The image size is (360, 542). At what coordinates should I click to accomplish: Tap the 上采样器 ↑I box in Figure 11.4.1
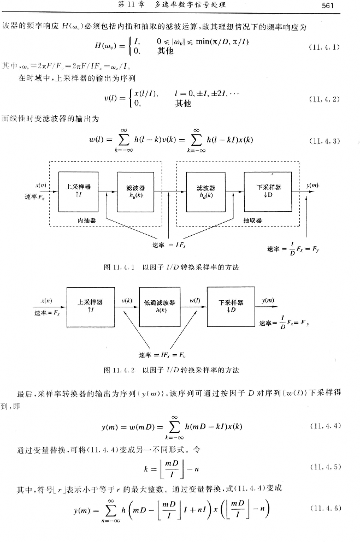(79, 190)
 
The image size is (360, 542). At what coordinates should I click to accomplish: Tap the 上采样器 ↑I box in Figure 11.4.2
(91, 306)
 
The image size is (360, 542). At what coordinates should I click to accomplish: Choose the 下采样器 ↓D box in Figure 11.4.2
(231, 306)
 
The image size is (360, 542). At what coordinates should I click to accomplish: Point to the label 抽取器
(252, 220)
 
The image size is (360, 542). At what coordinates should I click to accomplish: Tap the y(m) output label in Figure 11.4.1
(312, 186)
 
